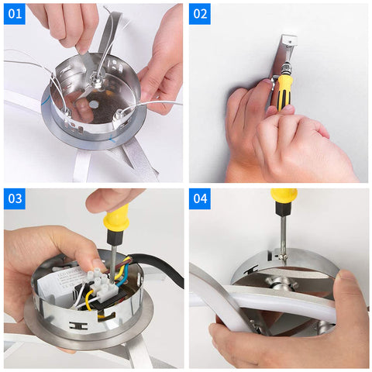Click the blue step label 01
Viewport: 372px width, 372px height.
click(x=15, y=14)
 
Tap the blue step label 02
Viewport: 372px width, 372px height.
click(x=200, y=14)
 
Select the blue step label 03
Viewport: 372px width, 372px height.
click(x=15, y=198)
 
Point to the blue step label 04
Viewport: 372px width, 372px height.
click(x=200, y=198)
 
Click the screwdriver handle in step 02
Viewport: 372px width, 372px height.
click(x=284, y=91)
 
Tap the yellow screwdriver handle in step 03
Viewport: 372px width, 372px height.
click(x=117, y=219)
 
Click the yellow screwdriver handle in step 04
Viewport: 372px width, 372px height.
click(x=284, y=195)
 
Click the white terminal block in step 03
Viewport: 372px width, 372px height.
click(x=103, y=284)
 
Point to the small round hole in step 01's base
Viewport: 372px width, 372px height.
click(x=93, y=104)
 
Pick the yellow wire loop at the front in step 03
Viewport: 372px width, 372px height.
click(x=88, y=300)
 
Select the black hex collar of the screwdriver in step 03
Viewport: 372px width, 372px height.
click(x=114, y=238)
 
